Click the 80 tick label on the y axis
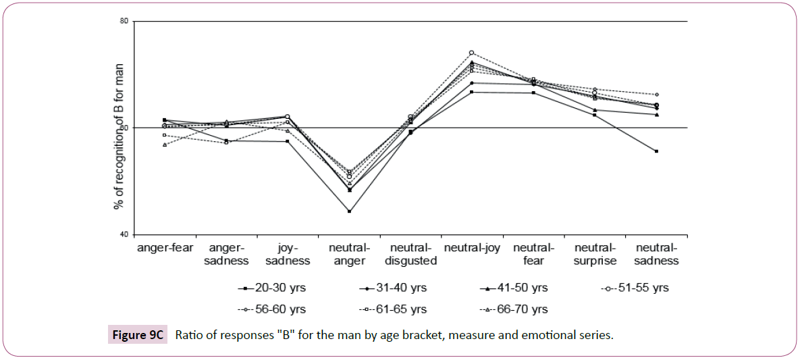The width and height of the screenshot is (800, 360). point(124,21)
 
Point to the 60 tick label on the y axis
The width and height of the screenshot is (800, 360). point(124,128)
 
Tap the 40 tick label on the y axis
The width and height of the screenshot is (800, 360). point(124,234)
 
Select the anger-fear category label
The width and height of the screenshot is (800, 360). point(165,248)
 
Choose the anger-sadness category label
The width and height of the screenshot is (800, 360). point(227,254)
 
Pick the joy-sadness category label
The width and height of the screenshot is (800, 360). point(288,254)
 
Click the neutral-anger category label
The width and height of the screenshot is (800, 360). point(349,254)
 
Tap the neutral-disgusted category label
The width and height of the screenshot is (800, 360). point(410,254)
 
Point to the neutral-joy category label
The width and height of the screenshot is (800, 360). point(471,248)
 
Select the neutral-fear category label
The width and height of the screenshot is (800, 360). point(533,254)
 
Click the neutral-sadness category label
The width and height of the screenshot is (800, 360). point(656,254)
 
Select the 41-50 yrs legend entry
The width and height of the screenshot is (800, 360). point(514,288)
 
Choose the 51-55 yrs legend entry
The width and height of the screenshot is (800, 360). point(635,288)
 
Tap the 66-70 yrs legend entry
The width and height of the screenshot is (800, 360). point(514,309)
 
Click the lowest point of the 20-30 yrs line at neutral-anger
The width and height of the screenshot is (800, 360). point(349,211)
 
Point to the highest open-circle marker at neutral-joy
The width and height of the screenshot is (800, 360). point(471,53)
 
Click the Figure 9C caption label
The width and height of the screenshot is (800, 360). point(137,335)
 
